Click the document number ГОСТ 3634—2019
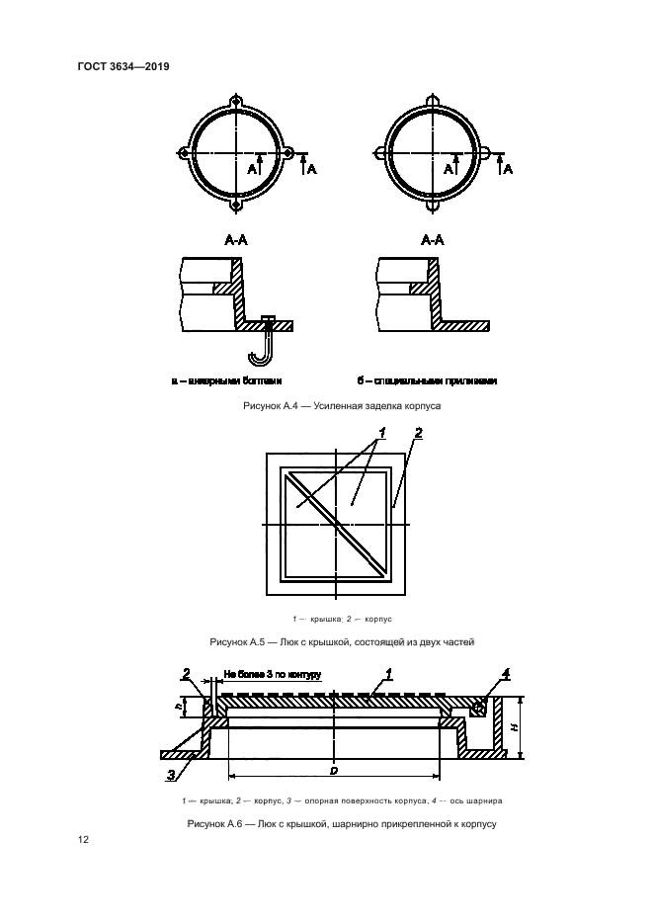123,67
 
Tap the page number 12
83,840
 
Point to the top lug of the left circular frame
237,102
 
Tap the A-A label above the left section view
235,240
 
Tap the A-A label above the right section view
433,240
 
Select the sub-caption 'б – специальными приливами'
427,379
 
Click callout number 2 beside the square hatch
418,433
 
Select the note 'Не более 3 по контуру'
273,674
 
